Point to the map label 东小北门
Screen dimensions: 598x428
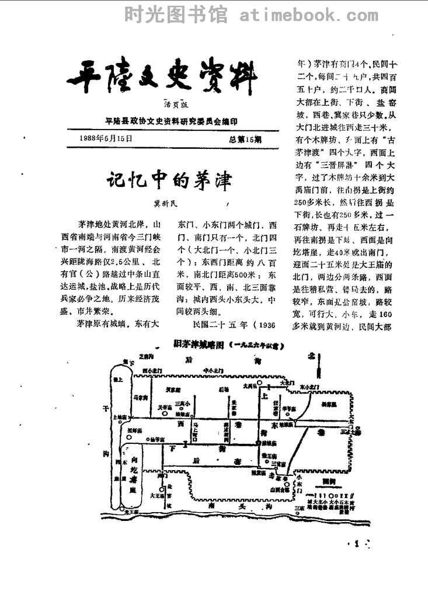308,386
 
